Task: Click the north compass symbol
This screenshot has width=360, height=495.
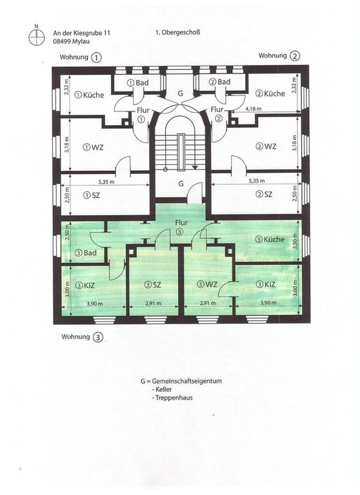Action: pos(37,36)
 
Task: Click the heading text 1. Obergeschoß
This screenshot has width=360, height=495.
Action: pos(177,32)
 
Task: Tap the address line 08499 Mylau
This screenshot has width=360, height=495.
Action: pos(72,41)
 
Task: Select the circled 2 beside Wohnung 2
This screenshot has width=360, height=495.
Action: pos(295,56)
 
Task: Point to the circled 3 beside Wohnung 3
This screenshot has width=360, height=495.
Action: pos(98,337)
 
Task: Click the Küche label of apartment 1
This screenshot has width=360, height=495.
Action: pos(90,95)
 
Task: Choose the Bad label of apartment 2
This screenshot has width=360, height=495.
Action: pos(219,82)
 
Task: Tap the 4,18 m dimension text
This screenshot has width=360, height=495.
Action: pos(254,109)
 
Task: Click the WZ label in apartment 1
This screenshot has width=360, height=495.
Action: pos(94,148)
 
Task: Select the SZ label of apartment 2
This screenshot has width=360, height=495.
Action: pos(265,195)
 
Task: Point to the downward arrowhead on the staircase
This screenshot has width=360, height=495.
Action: pos(195,168)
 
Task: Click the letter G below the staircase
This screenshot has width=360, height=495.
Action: pos(181,184)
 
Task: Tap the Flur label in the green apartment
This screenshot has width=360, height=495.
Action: pos(181,222)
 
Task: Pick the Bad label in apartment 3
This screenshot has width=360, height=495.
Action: pos(86,253)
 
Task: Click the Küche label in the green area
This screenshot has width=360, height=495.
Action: pos(270,239)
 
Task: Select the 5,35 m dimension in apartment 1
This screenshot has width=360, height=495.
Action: pos(106,182)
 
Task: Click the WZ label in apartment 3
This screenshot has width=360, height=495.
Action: pos(207,284)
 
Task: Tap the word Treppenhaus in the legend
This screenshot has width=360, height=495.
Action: pos(174,398)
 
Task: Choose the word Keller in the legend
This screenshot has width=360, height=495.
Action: pos(164,389)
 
